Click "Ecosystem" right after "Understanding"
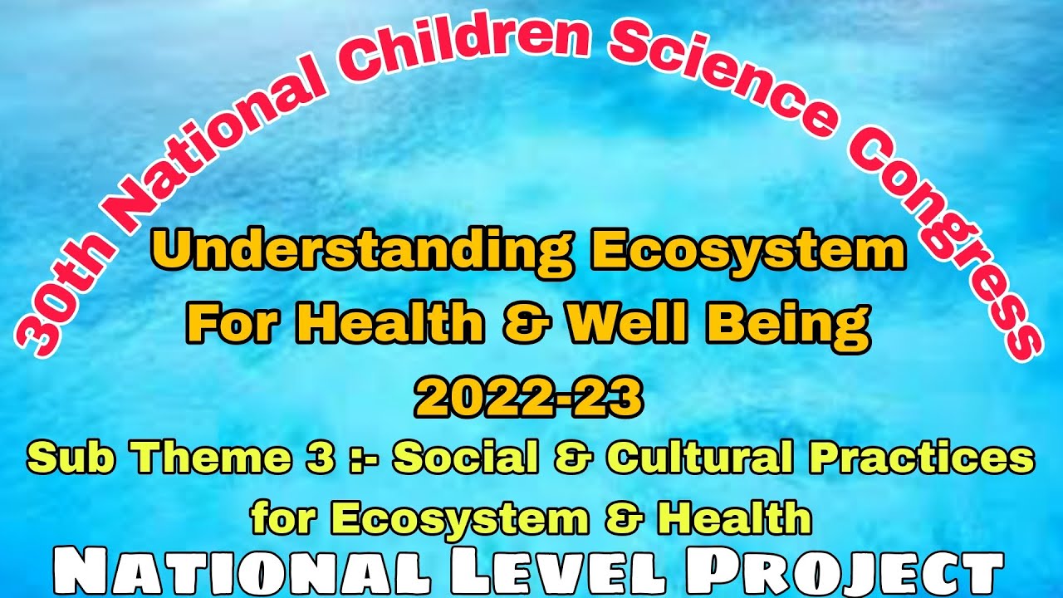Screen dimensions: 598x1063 [747, 252]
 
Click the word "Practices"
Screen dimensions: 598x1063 [928, 458]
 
